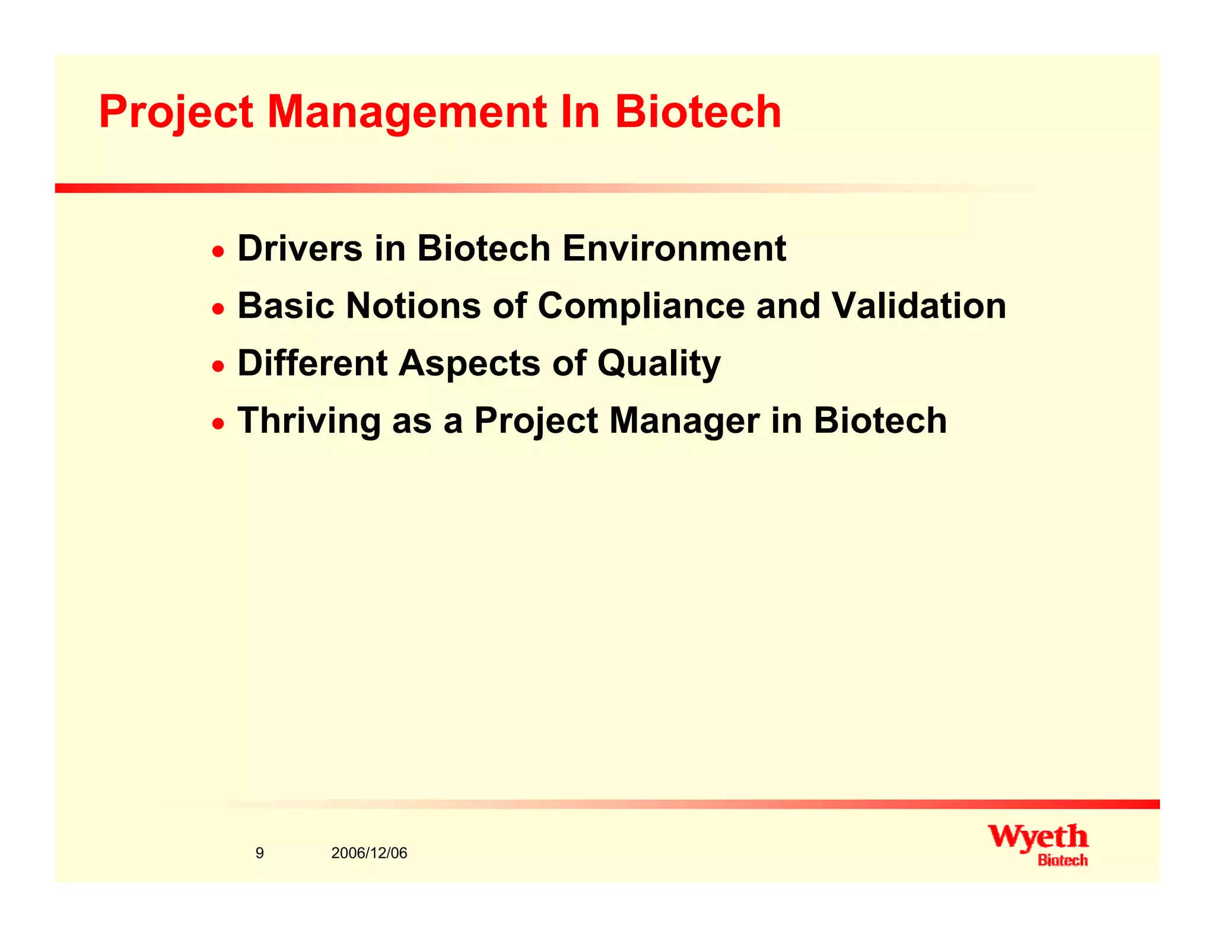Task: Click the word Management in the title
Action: point(407,113)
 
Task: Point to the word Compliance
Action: point(641,306)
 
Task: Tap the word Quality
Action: point(659,363)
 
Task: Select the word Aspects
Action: point(469,363)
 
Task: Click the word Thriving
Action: point(308,420)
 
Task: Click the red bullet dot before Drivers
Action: point(219,251)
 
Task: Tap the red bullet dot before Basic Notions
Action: point(219,309)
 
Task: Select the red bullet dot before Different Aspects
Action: point(219,366)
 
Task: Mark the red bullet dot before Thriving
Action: point(219,424)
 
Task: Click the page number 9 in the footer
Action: point(259,853)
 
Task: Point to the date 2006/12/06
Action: point(369,853)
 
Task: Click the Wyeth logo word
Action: point(1038,837)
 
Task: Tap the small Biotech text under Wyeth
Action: point(1063,860)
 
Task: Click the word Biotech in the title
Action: point(698,113)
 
